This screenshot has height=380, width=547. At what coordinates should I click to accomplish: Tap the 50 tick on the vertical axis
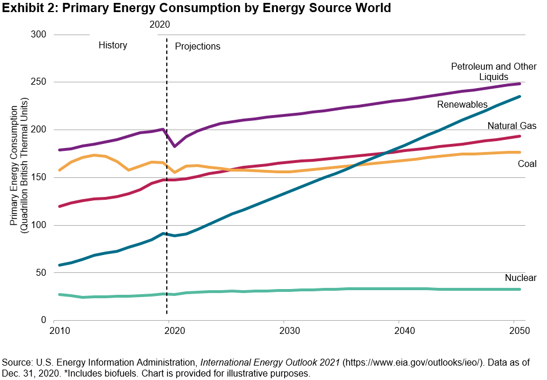(x=40, y=272)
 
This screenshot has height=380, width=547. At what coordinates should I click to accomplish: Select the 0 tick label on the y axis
(x=43, y=320)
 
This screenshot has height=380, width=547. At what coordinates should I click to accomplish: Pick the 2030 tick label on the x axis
(x=288, y=331)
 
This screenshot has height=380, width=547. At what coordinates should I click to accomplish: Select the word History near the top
(x=113, y=45)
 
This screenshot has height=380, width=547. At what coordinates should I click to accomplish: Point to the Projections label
(x=197, y=46)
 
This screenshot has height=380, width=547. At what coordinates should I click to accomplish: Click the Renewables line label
(x=462, y=105)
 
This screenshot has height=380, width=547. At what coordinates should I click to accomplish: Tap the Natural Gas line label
(x=512, y=126)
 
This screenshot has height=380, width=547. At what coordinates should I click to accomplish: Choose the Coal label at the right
(x=527, y=164)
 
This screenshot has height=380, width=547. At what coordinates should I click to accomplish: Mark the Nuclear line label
(x=521, y=278)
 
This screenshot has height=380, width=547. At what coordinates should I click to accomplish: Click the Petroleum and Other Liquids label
(x=494, y=71)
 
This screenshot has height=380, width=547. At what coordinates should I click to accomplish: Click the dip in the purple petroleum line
(x=174, y=146)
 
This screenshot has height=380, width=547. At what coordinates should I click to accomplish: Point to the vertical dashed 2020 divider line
(x=167, y=230)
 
